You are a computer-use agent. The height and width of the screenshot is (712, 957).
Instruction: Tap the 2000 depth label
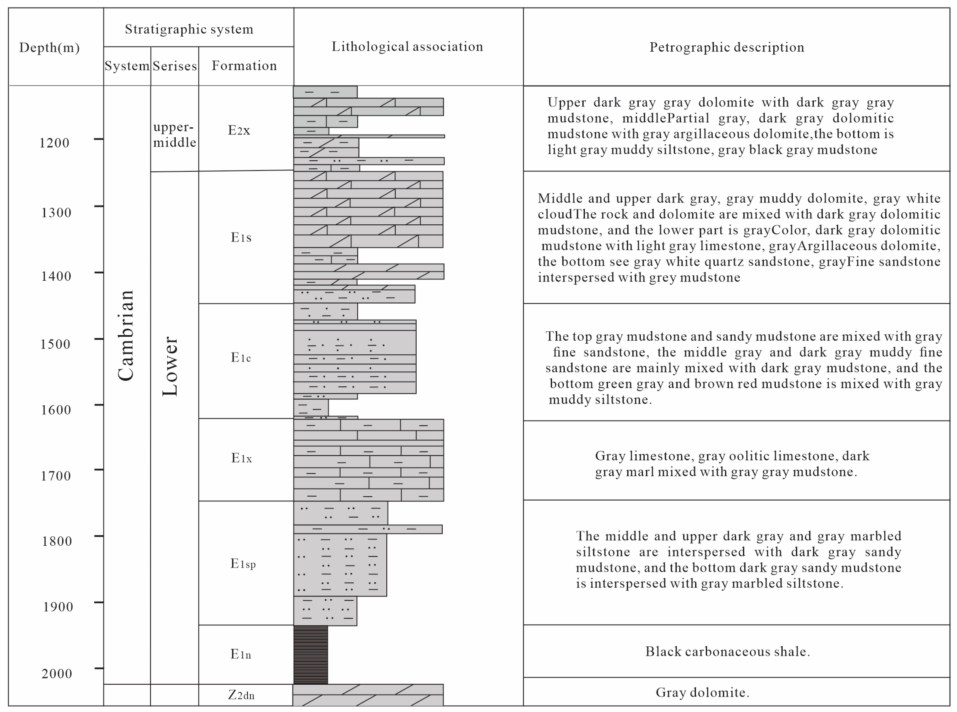pos(56,674)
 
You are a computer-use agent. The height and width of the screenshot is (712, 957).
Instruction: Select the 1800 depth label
pos(56,541)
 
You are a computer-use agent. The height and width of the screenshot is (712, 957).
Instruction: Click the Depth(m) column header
pos(50,47)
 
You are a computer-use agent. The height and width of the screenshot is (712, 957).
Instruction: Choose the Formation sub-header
pos(244,66)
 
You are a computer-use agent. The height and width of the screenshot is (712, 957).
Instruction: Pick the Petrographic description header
pos(727,47)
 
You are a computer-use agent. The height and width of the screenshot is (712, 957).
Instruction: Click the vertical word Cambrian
pos(126,336)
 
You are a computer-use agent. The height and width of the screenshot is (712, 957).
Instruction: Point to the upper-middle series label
pos(174,135)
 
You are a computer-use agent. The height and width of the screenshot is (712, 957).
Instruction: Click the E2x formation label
pos(239,130)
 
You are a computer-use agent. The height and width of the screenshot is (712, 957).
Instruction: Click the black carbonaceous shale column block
pos(310,655)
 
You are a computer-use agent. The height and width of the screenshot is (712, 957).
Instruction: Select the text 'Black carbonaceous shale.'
pos(727,652)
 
